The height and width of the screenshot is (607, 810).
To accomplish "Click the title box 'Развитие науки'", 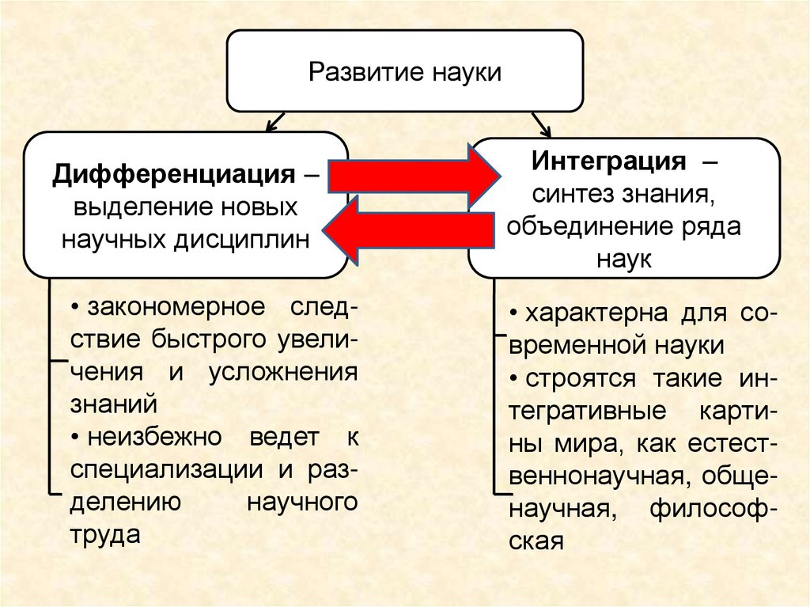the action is (405, 72).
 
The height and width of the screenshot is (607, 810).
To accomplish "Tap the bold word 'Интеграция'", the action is (607, 161).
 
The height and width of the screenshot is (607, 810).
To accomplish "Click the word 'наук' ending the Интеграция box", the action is (625, 260).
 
